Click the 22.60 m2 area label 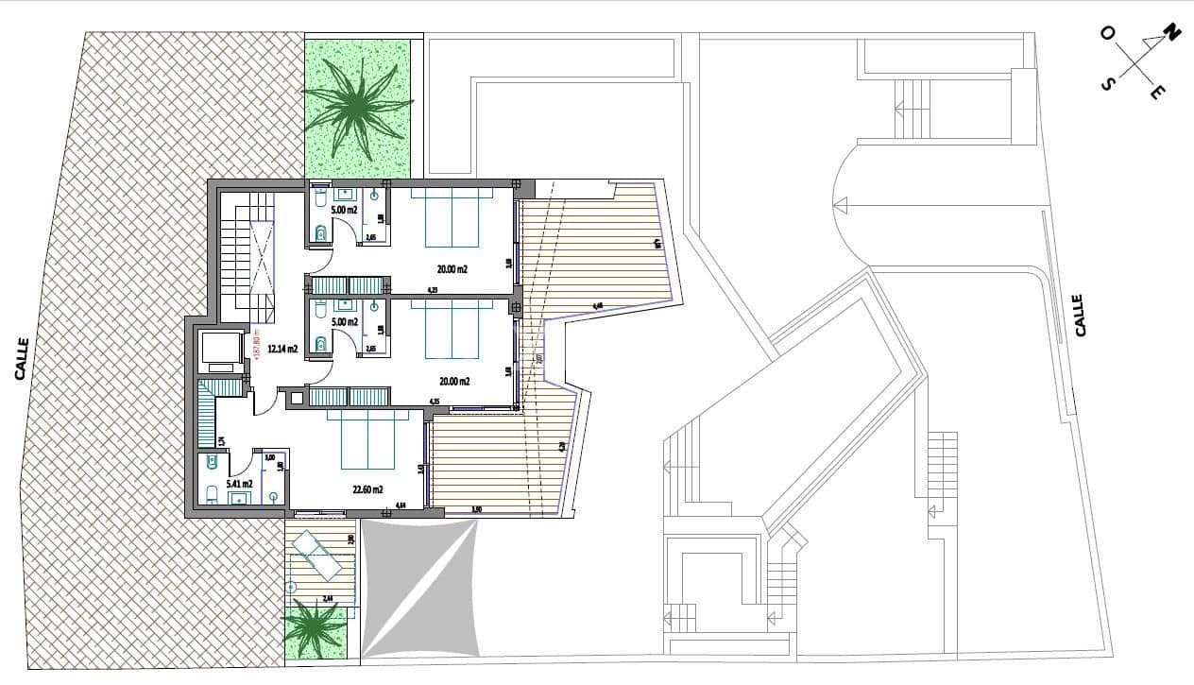tap(367, 489)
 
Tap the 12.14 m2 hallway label tap(282, 349)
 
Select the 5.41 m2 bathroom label tap(213, 484)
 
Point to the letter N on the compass tap(1171, 34)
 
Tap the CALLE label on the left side tap(22, 359)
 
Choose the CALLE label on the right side tap(1080, 315)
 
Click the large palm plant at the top tap(358, 105)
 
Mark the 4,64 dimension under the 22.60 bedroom tap(401, 505)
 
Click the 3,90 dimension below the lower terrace tap(477, 510)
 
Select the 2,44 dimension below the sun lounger tap(329, 598)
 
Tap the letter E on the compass tap(1157, 92)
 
